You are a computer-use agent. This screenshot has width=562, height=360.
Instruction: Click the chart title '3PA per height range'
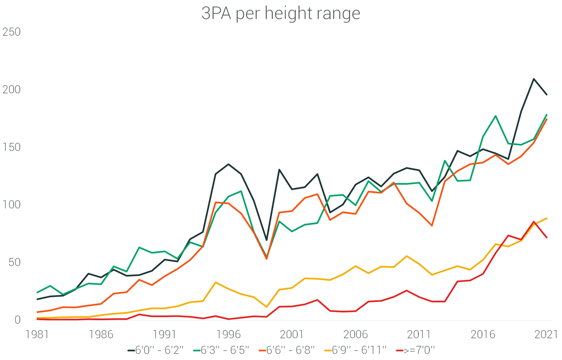click(281, 13)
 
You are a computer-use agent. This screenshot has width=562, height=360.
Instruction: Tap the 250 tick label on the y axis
click(12, 32)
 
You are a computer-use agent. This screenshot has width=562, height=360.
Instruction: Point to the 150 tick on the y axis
click(12, 147)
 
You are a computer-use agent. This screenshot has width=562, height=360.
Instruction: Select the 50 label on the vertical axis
click(14, 262)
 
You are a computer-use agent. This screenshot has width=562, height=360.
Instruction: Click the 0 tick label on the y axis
click(18, 320)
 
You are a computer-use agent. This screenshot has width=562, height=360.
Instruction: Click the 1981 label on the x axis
click(37, 335)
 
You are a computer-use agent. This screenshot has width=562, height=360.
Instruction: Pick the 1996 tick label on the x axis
click(228, 335)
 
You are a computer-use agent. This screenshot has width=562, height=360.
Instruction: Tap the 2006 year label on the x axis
click(355, 335)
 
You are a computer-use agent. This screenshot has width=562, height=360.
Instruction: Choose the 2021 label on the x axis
click(546, 335)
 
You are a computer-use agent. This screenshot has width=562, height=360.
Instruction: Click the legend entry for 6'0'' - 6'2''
click(156, 350)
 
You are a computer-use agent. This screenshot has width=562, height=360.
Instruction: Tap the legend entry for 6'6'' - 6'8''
click(287, 350)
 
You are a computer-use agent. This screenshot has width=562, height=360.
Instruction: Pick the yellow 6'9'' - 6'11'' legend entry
click(355, 350)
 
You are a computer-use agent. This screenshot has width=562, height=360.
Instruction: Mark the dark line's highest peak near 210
click(534, 79)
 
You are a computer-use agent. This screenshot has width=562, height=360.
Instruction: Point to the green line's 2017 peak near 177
click(496, 116)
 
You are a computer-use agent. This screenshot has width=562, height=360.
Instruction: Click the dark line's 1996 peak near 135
click(228, 164)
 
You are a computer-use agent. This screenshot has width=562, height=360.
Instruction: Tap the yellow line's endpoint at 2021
click(546, 218)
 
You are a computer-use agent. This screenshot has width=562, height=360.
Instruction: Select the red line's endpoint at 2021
click(546, 237)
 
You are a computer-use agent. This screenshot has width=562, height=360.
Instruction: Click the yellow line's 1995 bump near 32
click(216, 282)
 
